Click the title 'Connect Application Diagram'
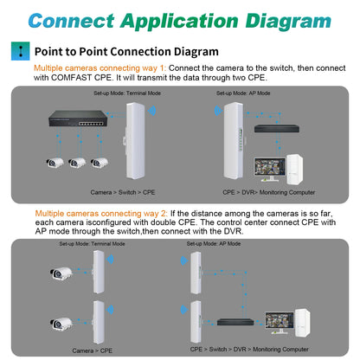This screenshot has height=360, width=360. (x=180, y=20)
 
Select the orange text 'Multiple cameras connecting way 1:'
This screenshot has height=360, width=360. (x=87, y=67)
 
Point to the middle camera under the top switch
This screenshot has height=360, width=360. (x=77, y=161)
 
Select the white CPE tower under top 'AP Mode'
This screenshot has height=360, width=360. (x=233, y=134)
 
